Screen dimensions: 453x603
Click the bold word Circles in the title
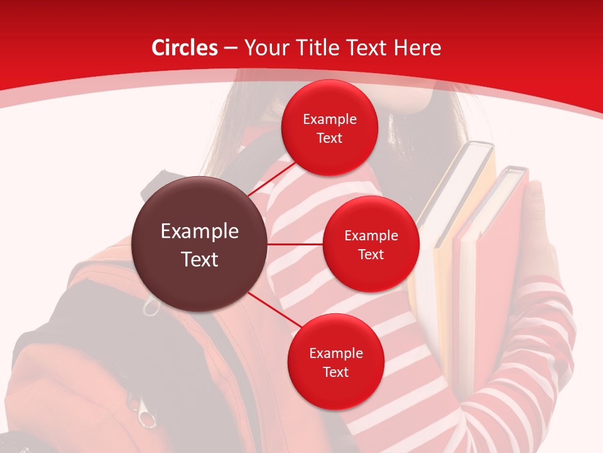point(185,48)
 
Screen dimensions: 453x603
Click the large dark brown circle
point(200,244)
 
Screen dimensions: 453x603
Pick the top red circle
point(329,128)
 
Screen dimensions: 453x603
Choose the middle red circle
point(371,244)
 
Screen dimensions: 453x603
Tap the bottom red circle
point(335,362)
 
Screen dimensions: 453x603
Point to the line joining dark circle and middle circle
point(295,244)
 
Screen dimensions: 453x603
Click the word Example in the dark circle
point(200,232)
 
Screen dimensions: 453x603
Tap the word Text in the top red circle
point(329,138)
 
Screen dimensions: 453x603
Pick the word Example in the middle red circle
point(371,235)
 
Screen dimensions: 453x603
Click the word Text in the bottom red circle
point(335,372)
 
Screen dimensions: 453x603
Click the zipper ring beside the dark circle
point(151,308)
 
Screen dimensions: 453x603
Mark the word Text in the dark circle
point(200,259)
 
